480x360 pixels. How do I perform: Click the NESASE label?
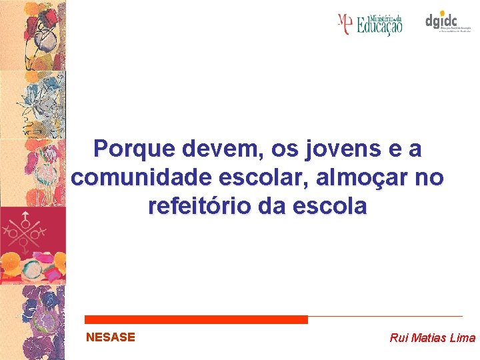click(111, 337)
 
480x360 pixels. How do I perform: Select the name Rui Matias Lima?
click(432, 338)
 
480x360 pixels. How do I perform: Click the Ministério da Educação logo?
click(370, 24)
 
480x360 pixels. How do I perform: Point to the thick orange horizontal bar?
click(196, 320)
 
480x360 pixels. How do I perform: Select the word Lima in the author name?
click(462, 338)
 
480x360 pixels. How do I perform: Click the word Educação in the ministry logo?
click(380, 27)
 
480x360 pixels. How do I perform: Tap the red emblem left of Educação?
click(345, 23)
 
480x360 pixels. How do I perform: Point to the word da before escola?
click(271, 207)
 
